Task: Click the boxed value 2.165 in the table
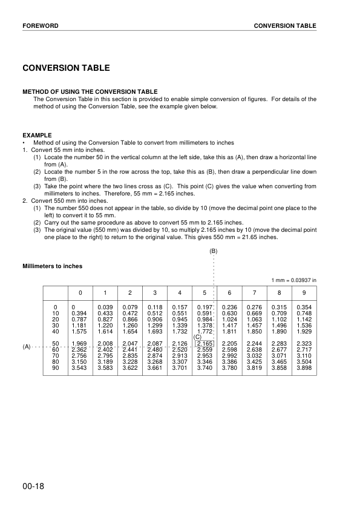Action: pos(205,344)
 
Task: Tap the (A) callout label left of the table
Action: pos(27,347)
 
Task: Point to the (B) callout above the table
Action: pos(214,251)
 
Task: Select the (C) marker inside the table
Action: pos(197,337)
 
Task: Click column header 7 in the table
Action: pos(254,293)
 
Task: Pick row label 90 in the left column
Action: pos(56,367)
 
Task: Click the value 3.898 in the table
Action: pos(304,367)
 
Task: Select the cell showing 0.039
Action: pos(105,308)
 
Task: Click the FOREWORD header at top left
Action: pos(40,26)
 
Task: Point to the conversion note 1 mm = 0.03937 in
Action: pos(293,280)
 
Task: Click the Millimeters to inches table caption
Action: pos(53,266)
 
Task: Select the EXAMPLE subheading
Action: pos(37,135)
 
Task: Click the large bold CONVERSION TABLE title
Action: pos(66,68)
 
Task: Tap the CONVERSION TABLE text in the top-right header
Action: pos(284,26)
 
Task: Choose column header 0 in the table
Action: pos(79,293)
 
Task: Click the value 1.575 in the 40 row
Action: pos(79,332)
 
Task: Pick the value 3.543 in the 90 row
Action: pos(79,367)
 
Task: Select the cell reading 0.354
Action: pos(304,308)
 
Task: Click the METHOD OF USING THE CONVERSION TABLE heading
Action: pos(90,92)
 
